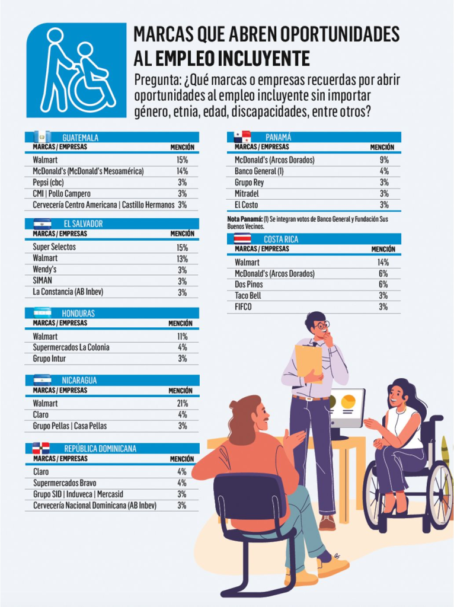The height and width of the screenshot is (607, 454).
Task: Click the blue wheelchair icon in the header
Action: (76, 70)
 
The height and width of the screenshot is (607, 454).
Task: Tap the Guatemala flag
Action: (43, 137)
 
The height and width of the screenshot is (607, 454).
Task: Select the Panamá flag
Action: (242, 137)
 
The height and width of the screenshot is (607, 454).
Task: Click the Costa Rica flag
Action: (243, 239)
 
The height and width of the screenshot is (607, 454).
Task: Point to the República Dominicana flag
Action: (40, 448)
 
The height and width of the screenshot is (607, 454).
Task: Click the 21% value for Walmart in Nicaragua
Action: (182, 403)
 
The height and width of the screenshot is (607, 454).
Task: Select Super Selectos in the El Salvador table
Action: (55, 247)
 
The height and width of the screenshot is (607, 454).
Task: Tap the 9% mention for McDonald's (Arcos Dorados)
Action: (383, 160)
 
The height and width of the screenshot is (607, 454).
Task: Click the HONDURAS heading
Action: (78, 313)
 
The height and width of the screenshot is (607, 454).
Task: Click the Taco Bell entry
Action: (249, 295)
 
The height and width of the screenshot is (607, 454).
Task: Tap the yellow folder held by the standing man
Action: (308, 360)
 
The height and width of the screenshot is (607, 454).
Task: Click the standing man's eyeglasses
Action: (321, 325)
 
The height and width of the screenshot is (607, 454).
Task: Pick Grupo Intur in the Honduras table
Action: (49, 359)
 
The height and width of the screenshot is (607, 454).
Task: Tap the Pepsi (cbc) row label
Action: (48, 182)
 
